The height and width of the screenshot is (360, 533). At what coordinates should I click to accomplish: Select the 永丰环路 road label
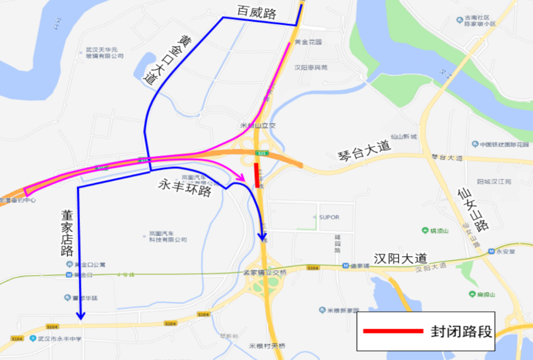click(185, 187)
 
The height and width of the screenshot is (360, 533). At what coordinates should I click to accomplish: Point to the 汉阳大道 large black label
click(400, 258)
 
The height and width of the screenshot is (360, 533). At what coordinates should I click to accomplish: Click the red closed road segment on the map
click(257, 176)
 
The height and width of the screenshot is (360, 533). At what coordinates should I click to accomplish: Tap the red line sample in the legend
click(393, 330)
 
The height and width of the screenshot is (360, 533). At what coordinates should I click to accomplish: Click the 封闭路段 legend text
click(461, 331)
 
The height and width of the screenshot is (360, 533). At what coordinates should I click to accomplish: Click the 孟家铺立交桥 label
click(265, 272)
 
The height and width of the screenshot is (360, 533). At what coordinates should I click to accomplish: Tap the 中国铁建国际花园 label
click(500, 144)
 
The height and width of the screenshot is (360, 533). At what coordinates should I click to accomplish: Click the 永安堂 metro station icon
click(491, 251)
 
